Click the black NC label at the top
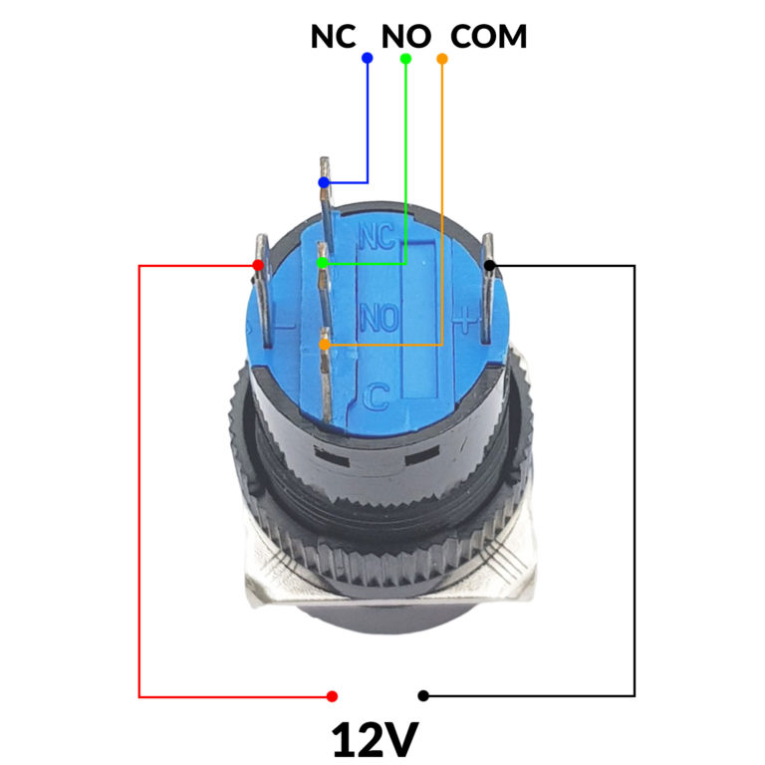point(333,37)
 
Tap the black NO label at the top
point(406,37)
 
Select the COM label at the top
point(489,37)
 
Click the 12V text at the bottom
point(375,739)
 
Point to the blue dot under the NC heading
point(368,59)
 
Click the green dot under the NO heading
point(405,59)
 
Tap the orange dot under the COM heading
point(442,59)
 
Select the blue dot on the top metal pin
point(323,183)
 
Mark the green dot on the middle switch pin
point(323,263)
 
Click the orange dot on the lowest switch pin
point(324,345)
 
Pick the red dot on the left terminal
point(258,265)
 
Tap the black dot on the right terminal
point(489,265)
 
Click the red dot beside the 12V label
point(332,696)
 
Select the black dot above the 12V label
point(423,696)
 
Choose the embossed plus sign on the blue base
point(466,319)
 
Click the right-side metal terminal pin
point(489,289)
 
